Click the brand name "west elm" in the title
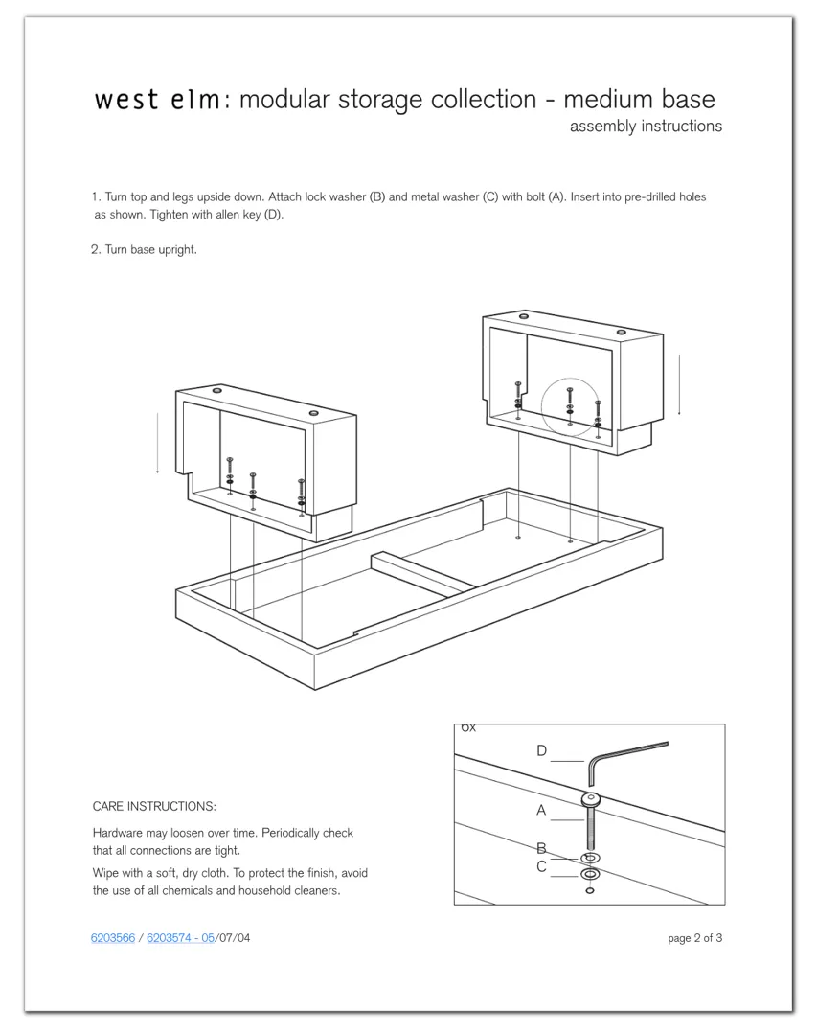pos(157,101)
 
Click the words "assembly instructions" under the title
pos(646,126)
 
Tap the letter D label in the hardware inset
pos(542,751)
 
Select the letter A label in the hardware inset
pos(541,811)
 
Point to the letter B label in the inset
pos(541,848)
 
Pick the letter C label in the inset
pos(541,866)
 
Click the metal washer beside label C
pos(590,874)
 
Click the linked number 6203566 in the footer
pos(113,938)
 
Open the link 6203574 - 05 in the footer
pos(180,938)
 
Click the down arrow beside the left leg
pos(157,443)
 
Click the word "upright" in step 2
pos(178,250)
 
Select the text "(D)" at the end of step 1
pos(275,215)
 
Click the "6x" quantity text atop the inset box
pos(467,727)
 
